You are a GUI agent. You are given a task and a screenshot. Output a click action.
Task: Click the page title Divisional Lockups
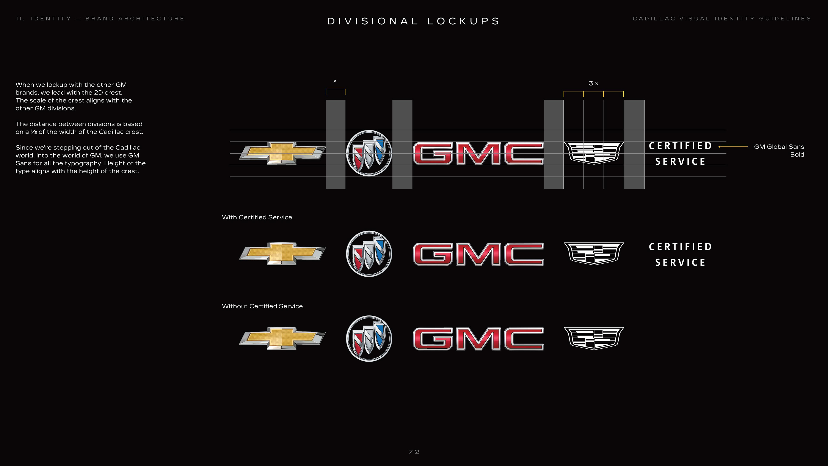click(x=414, y=21)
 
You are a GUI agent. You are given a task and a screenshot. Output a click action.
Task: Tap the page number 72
click(x=414, y=452)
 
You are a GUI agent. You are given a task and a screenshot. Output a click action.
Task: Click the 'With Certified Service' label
click(x=257, y=217)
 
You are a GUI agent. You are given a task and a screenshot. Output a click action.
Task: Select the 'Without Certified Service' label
click(x=262, y=306)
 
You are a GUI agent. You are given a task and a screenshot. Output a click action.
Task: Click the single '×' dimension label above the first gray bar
click(x=335, y=81)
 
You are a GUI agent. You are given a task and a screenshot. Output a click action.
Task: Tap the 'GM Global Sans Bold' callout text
click(x=779, y=151)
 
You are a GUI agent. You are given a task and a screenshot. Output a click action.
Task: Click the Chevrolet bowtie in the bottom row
click(x=282, y=338)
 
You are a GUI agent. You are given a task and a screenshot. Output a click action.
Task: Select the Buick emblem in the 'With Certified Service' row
click(x=369, y=254)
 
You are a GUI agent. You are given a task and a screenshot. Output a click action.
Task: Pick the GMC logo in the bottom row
click(x=478, y=339)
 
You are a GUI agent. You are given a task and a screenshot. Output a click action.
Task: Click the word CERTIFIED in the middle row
click(x=680, y=247)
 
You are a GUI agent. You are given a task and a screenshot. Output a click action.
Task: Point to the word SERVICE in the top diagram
click(x=680, y=161)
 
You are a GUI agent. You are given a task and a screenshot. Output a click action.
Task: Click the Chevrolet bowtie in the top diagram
click(x=282, y=153)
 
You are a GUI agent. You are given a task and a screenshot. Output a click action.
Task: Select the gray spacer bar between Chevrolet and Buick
click(x=336, y=144)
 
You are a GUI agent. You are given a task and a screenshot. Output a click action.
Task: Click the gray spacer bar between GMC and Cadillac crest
click(x=554, y=144)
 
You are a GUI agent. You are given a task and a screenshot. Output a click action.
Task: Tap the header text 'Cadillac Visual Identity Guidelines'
click(x=722, y=19)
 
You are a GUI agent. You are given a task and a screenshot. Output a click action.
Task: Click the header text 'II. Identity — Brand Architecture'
click(x=100, y=19)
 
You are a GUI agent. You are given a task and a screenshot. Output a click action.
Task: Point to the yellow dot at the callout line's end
click(x=719, y=147)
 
